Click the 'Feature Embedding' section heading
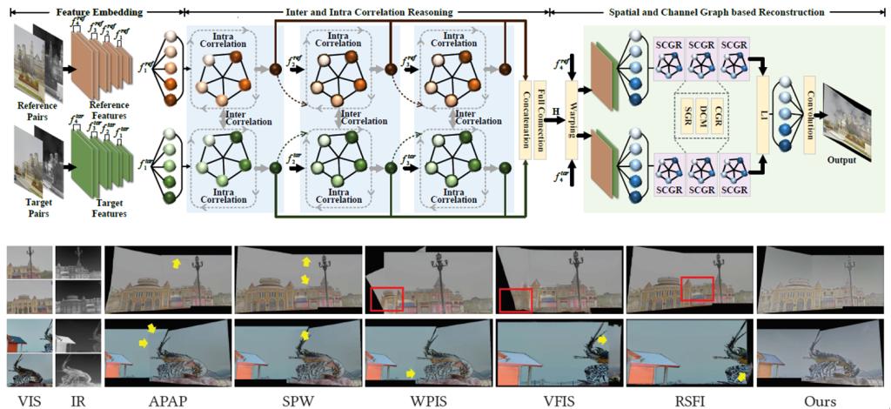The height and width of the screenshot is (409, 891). (x=98, y=12)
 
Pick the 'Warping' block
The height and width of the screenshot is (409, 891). (x=573, y=117)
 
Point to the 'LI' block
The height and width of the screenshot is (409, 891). (x=765, y=117)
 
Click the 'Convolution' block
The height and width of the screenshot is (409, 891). (x=810, y=117)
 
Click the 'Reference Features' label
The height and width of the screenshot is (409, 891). (x=108, y=109)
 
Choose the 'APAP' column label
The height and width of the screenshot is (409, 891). (x=167, y=401)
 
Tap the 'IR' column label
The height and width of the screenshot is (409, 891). (x=77, y=401)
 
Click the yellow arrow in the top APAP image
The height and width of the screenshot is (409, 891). (x=176, y=261)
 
